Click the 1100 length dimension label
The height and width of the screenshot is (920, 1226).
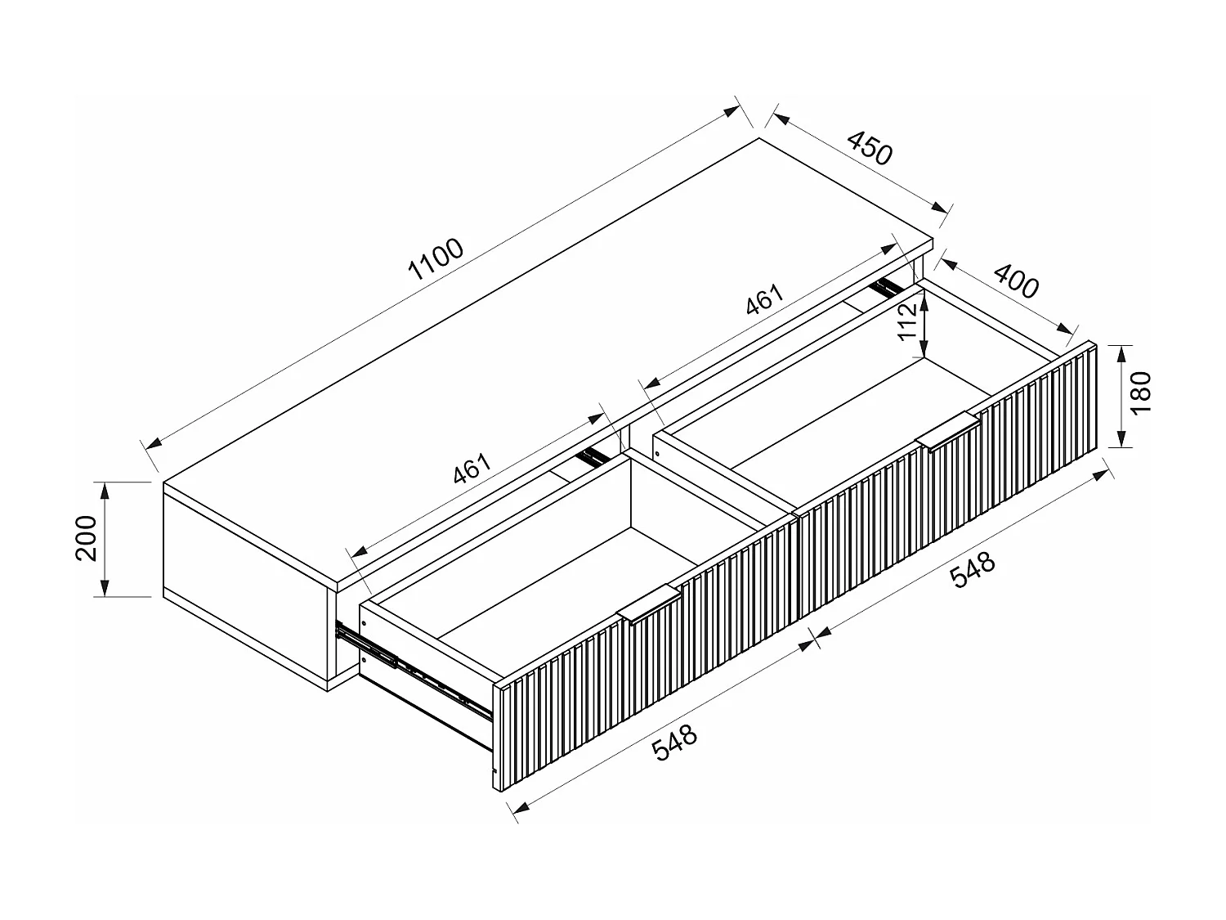[436, 259]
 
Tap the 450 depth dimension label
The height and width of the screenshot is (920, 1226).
[870, 148]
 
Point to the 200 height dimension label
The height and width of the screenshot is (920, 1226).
[86, 538]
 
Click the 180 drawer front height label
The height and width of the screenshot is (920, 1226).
[1140, 393]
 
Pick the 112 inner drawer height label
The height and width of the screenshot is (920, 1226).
[907, 321]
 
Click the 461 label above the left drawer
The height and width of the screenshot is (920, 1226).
[472, 468]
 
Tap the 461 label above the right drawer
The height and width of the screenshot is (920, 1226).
[765, 299]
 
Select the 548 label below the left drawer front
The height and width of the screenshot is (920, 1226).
[675, 743]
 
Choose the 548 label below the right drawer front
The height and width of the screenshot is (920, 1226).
[973, 569]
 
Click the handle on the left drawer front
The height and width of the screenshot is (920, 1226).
[649, 604]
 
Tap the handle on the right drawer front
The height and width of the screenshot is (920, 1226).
[948, 430]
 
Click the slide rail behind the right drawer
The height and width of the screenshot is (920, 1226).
[887, 286]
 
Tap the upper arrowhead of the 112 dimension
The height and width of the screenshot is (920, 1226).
[924, 305]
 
